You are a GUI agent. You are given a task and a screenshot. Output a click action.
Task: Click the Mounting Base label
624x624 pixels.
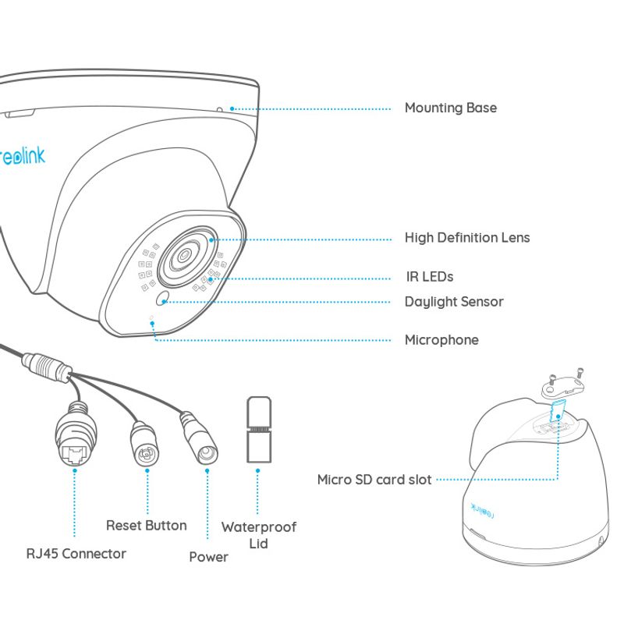[451, 108]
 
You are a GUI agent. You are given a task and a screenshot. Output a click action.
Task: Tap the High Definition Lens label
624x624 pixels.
[467, 238]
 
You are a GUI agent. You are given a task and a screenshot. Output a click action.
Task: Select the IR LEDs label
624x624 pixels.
[430, 277]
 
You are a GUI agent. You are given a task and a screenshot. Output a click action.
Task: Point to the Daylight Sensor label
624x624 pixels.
[454, 302]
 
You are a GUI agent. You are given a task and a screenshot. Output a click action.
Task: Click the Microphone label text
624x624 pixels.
[441, 340]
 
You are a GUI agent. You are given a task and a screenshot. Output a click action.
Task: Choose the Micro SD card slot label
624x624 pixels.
[374, 480]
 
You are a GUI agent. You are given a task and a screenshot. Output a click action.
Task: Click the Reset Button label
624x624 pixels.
[147, 525]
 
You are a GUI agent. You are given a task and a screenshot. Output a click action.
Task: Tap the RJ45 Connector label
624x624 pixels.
[76, 554]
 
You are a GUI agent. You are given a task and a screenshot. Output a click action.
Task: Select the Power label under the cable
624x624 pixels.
[208, 557]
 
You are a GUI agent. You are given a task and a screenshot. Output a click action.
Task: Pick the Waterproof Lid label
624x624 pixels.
[259, 535]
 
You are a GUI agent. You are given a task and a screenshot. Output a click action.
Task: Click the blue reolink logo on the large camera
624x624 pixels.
[23, 156]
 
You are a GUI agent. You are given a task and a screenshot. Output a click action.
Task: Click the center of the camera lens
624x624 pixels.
[184, 255]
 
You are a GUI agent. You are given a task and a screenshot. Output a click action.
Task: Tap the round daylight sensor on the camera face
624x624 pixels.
[162, 299]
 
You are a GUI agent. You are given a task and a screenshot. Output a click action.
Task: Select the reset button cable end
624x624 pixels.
[145, 445]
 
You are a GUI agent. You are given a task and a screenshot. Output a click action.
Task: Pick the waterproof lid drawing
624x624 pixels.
[259, 430]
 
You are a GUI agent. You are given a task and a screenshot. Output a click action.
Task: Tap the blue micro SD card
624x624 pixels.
[558, 411]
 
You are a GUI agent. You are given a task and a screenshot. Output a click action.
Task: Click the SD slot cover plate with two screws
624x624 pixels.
[563, 384]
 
